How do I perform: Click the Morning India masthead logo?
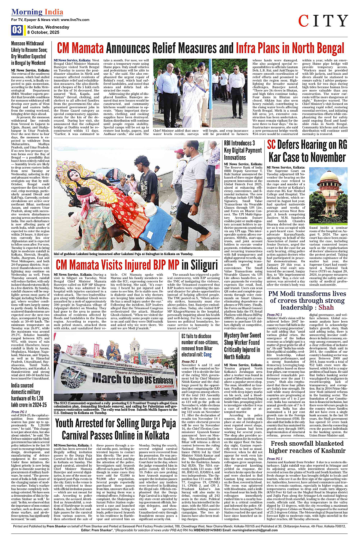pyautogui.click(x=37, y=12)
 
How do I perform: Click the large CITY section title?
pyautogui.click(x=323, y=21)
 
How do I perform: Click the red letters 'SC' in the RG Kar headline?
pyautogui.click(x=271, y=145)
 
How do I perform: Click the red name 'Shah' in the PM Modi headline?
pyautogui.click(x=326, y=307)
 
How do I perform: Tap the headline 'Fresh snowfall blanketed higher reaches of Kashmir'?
pyautogui.click(x=307, y=447)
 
